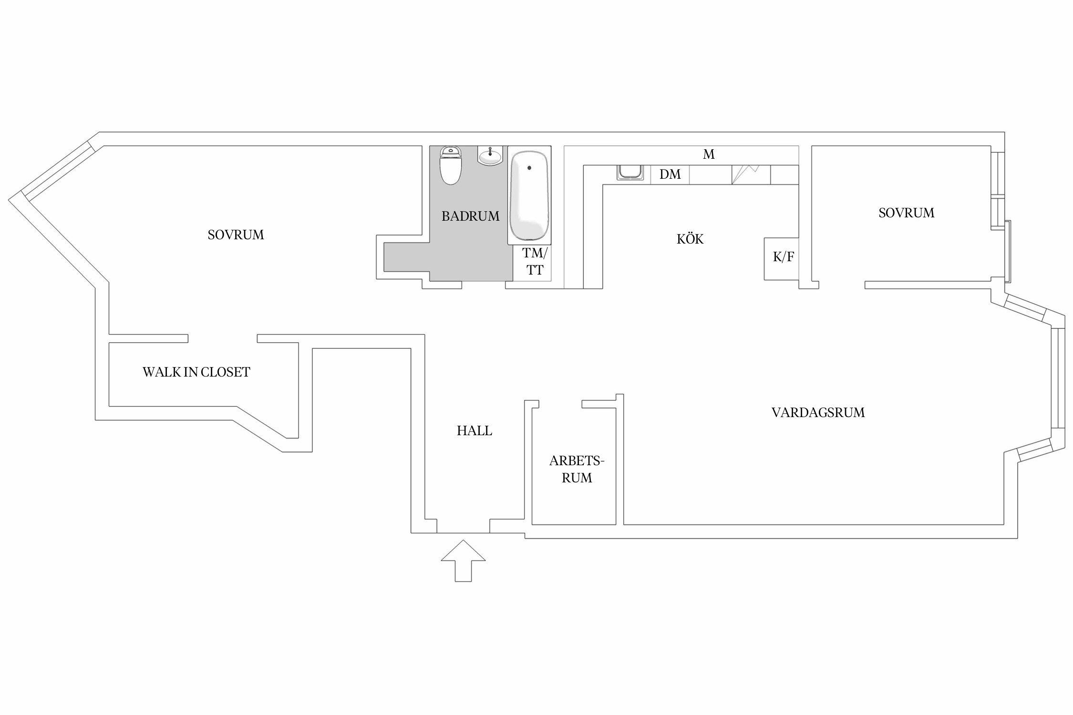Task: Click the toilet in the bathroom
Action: (x=451, y=165)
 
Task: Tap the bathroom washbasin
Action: (x=490, y=155)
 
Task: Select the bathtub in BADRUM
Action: (x=529, y=195)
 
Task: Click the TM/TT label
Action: (x=535, y=261)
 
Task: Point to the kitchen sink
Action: (x=630, y=172)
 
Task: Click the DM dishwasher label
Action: (x=670, y=174)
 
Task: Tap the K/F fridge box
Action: (x=782, y=259)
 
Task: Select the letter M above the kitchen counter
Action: (x=709, y=154)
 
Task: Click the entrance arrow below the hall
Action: (x=463, y=561)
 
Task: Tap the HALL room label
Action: (x=475, y=431)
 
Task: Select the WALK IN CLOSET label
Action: (x=196, y=372)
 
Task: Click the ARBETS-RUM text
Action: (x=577, y=470)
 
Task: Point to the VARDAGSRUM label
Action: (x=818, y=413)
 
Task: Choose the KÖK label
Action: (x=690, y=238)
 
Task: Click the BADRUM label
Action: (x=471, y=216)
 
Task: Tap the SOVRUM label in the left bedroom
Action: (x=236, y=235)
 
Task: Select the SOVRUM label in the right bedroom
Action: (x=907, y=213)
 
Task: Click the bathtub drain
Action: (x=529, y=168)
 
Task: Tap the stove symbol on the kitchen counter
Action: (x=751, y=174)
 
